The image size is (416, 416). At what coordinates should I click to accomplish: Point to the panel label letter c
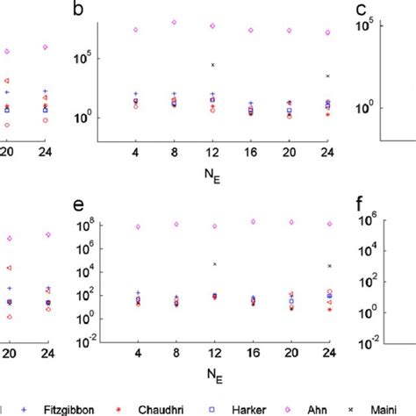(360, 11)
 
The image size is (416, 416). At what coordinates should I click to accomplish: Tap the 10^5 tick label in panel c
(365, 26)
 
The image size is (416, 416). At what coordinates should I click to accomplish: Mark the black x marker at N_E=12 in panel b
(212, 65)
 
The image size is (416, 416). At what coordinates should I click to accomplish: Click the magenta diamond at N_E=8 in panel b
(174, 22)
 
